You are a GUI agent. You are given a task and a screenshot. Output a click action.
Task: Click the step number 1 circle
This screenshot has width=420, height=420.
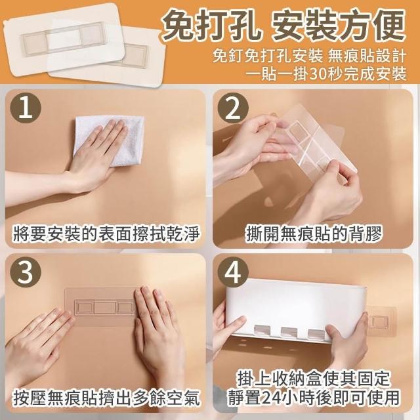(x=26, y=108)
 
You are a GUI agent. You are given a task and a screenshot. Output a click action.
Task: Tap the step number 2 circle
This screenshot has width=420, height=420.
(x=233, y=108)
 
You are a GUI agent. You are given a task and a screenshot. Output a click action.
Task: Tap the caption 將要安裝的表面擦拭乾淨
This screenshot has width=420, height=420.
(x=106, y=234)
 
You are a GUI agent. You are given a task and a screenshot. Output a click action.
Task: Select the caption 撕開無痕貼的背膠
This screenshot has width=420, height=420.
(x=314, y=234)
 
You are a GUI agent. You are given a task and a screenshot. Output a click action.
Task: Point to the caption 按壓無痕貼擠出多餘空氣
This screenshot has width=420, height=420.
(x=106, y=398)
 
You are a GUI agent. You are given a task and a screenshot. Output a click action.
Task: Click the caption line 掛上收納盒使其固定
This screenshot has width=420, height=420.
(x=314, y=379)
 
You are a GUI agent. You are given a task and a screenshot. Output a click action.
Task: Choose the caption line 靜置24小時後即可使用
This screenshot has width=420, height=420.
(x=314, y=398)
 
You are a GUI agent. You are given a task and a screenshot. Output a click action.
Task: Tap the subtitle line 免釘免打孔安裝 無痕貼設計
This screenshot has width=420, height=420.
(x=310, y=56)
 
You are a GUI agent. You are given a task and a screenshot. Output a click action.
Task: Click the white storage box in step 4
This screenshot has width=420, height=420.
(x=295, y=310)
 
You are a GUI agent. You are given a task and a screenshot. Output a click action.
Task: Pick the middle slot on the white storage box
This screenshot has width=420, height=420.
(x=289, y=332)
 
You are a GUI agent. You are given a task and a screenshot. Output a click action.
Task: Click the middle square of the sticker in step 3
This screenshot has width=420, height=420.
(x=105, y=307)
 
